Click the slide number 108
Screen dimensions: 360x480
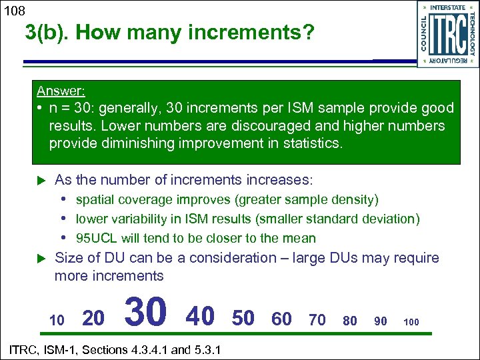[13, 10]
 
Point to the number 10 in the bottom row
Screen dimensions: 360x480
[57, 321]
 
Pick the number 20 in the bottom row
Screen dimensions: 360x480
[93, 319]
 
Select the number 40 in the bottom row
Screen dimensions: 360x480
[200, 316]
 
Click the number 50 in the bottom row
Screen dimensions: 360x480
[243, 318]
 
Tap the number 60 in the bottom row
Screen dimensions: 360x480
[281, 319]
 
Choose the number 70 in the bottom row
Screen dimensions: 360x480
[317, 320]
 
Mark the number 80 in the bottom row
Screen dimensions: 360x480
[350, 321]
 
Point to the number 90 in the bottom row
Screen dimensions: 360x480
[381, 321]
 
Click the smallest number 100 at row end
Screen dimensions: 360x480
[411, 322]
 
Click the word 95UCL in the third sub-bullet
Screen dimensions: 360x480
[95, 238]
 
